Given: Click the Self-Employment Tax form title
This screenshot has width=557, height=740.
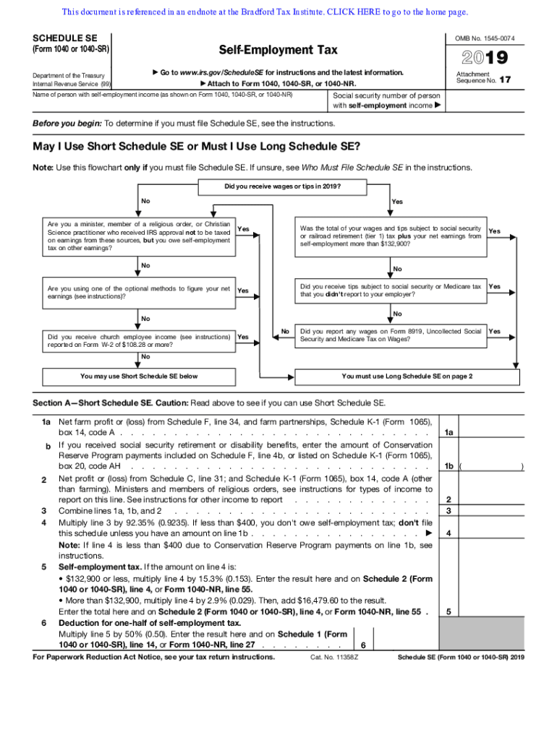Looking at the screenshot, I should pos(278,50).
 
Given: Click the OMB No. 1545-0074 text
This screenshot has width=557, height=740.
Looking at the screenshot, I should pos(489,38).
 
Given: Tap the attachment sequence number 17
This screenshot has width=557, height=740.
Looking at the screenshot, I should pos(506,80).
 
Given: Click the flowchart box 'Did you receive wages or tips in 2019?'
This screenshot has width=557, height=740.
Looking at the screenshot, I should pos(283,187).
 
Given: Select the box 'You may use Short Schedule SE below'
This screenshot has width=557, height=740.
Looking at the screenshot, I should pos(139,376).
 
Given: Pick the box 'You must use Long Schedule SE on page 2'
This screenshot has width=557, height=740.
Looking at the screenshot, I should pos(407,376).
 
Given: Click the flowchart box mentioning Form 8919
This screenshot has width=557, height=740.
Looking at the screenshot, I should pos(391,335).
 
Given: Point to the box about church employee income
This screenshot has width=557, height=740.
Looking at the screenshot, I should pos(139,340).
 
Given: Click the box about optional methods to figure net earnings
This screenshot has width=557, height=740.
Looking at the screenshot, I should pos(139,292).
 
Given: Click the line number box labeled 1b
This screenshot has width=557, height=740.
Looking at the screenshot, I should pos(449,466).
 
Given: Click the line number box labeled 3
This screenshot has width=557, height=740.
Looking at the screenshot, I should pos(449,511).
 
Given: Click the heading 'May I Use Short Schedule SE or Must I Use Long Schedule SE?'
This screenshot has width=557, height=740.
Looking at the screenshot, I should pos(196,147).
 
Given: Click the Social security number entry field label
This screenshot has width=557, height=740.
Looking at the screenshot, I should pos(386,100).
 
